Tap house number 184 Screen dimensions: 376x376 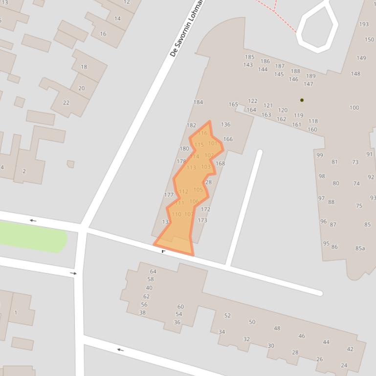[198, 102]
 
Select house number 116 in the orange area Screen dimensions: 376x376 [202, 133]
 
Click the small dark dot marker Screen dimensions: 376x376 [302, 100]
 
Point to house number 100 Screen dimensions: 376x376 [354, 107]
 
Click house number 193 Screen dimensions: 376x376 [364, 24]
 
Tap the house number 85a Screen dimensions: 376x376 [360, 248]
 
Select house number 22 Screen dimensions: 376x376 [66, 103]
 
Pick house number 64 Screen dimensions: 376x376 [153, 272]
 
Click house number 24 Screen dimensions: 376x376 [344, 365]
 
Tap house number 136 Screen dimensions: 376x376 [225, 125]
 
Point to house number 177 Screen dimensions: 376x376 [169, 195]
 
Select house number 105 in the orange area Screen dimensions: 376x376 [198, 190]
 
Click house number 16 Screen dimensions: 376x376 [103, 34]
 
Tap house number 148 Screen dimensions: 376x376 [355, 74]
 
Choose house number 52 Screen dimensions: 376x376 [227, 315]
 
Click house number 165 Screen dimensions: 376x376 [233, 104]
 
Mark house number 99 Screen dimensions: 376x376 [320, 155]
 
